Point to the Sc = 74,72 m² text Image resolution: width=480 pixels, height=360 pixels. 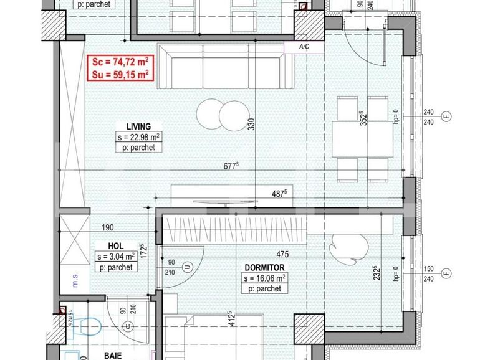point(121,62)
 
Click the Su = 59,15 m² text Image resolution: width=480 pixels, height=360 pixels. point(121,74)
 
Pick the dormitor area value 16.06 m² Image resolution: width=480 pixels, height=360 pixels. point(264,278)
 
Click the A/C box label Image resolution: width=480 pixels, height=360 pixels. point(305,47)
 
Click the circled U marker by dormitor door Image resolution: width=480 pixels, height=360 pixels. point(188,267)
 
